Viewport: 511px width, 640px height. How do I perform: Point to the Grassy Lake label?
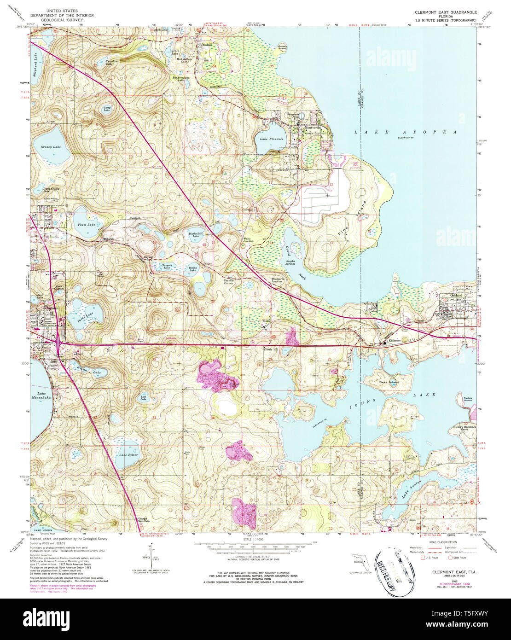(x=51, y=147)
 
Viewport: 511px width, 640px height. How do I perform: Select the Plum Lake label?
(x=86, y=224)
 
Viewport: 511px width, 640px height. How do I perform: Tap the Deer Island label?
(x=389, y=382)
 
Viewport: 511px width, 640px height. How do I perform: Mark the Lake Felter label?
(x=128, y=455)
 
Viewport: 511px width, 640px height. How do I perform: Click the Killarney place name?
(x=395, y=340)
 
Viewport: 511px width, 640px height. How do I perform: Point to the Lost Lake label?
(x=144, y=398)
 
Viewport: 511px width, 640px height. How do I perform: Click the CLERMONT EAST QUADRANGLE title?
(x=445, y=12)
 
